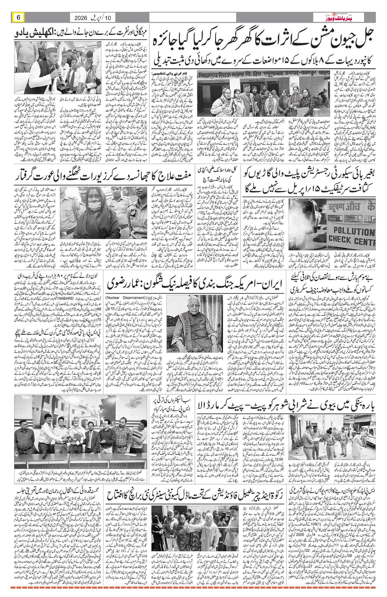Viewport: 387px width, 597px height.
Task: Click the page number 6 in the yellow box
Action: click(18, 17)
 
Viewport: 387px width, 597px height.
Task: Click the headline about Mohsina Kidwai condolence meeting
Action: click(55, 493)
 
